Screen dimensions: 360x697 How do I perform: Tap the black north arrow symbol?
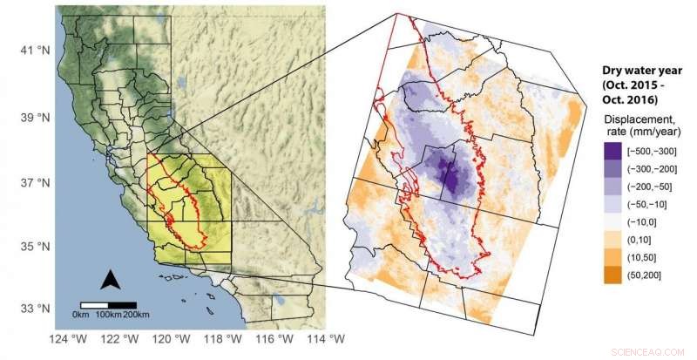(x=111, y=280)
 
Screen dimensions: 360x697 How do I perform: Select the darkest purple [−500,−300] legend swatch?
(x=612, y=152)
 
